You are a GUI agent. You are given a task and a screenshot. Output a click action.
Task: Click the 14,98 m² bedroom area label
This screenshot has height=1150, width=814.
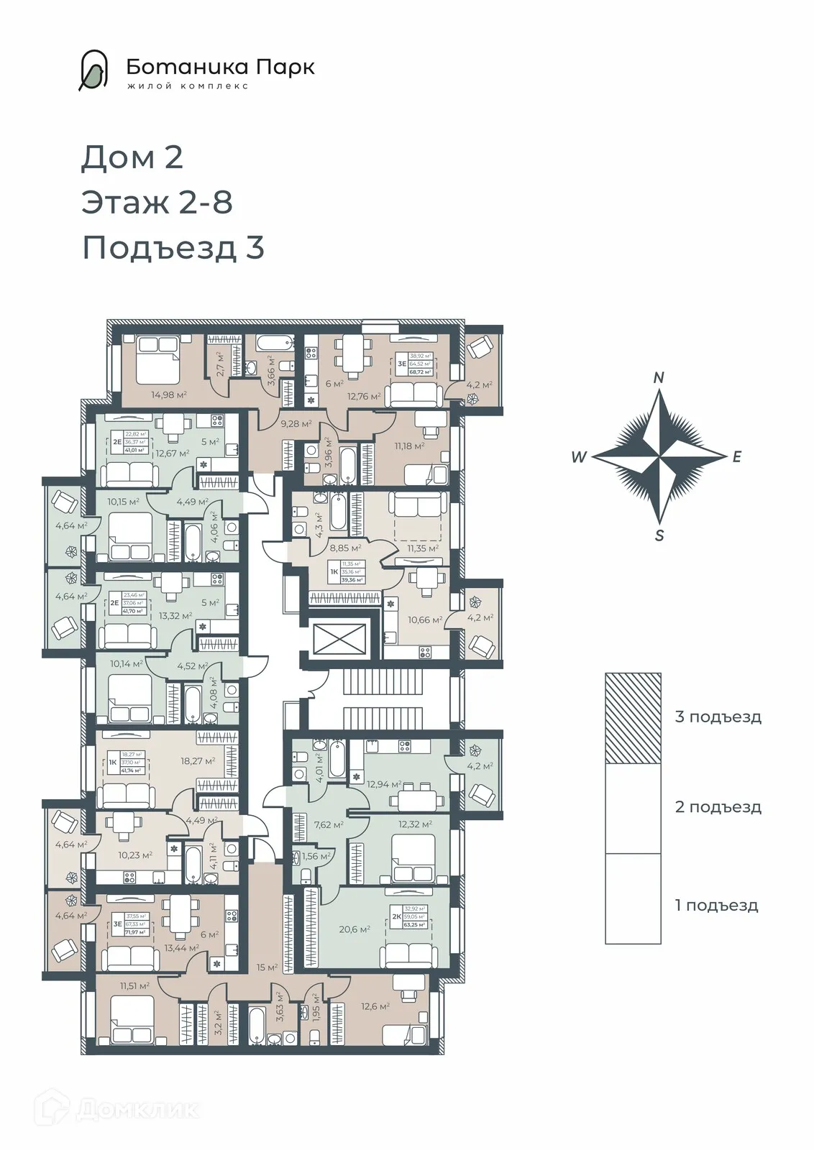(169, 394)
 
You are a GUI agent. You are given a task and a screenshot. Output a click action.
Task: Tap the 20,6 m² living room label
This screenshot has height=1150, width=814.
(355, 929)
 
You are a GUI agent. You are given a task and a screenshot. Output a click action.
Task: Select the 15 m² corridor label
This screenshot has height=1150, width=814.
(267, 967)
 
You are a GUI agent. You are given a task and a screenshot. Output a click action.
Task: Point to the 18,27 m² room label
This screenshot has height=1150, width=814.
(199, 760)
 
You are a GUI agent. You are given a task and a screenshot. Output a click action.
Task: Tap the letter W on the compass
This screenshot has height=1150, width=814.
(579, 457)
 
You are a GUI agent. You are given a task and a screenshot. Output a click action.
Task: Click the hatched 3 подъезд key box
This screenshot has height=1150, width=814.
(633, 718)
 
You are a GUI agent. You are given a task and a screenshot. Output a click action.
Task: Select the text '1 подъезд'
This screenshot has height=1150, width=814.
(716, 905)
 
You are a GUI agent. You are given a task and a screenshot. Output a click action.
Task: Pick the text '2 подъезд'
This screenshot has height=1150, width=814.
(718, 806)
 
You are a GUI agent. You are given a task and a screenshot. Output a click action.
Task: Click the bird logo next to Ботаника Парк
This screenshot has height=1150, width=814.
(93, 70)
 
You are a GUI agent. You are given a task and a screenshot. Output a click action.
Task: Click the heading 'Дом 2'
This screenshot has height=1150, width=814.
(132, 157)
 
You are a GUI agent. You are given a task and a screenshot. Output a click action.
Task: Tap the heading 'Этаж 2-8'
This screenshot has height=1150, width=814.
(157, 202)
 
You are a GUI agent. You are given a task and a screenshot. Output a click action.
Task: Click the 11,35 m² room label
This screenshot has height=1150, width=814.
(422, 548)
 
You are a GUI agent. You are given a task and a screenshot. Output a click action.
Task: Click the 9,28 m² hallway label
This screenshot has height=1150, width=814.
(296, 424)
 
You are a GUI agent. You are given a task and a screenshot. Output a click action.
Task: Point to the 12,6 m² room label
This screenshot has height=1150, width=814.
(375, 1006)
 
